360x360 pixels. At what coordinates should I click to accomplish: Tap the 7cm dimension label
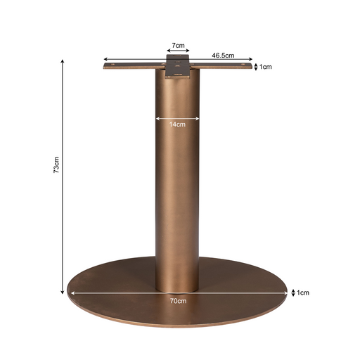point(179,46)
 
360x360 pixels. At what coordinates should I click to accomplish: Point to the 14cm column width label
point(177,125)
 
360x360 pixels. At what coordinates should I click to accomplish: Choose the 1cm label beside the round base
point(303,292)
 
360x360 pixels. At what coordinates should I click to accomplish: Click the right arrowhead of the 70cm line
point(287,293)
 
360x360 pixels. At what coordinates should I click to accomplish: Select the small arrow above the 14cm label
point(177,118)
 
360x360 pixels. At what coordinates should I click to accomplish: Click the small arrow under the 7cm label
point(179,52)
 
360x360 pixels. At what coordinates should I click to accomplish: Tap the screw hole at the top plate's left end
point(110,67)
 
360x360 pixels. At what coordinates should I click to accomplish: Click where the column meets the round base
point(177,288)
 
